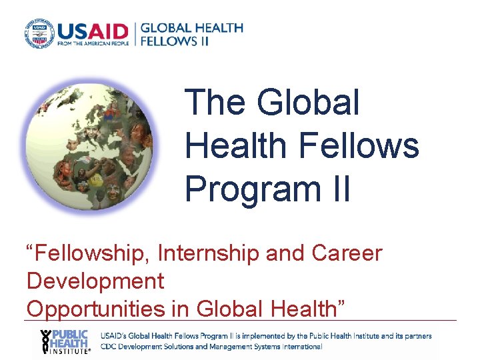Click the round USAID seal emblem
[39, 33]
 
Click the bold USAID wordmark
[92, 30]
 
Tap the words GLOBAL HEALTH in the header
[192, 28]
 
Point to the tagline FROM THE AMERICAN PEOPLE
[93, 43]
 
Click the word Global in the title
[307, 103]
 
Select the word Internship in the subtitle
[206, 253]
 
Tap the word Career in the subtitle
[347, 253]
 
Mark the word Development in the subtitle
[95, 281]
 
